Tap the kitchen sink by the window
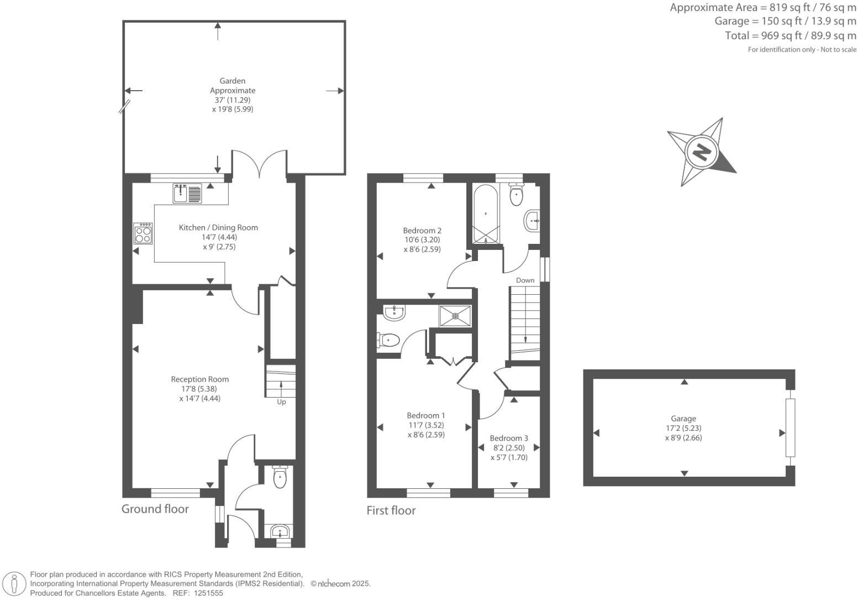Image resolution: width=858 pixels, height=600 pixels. pos(187,194)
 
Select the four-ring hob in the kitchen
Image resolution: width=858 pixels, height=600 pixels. pos(143,233)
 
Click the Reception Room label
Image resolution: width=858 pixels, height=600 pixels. pos(199,379)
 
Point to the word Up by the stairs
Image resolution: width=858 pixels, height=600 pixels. pos(281,402)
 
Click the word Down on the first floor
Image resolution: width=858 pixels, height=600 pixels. pos(525,280)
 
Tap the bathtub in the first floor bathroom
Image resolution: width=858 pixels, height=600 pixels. pos(486,214)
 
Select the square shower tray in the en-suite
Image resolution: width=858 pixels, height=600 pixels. pos(455,316)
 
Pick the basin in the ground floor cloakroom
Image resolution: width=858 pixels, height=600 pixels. pos(281,532)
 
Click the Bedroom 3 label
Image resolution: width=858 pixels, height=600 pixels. pos(509,438)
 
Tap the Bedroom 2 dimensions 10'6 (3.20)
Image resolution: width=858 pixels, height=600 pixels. pos(422,240)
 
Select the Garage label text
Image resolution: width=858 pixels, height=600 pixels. pos(683,419)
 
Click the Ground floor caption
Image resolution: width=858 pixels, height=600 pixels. pos(155,509)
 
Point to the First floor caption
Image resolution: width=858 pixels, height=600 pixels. pos(391,510)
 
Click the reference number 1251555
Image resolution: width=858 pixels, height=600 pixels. pos(207,593)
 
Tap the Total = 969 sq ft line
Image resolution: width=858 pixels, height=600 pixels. pos(790,36)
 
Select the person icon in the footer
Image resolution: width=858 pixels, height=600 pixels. pos(15,584)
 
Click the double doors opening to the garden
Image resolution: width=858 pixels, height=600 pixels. pos(259,164)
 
